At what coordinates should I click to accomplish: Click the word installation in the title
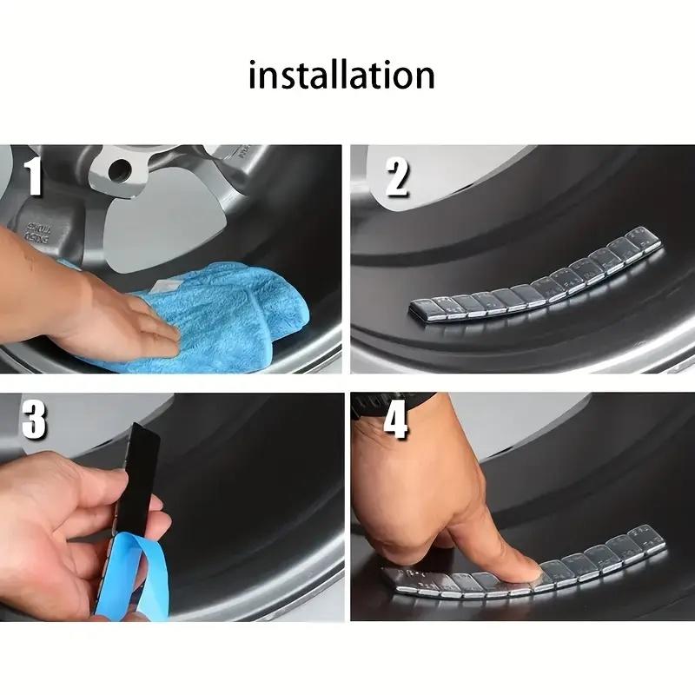(x=341, y=76)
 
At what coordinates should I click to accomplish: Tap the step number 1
(x=34, y=177)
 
